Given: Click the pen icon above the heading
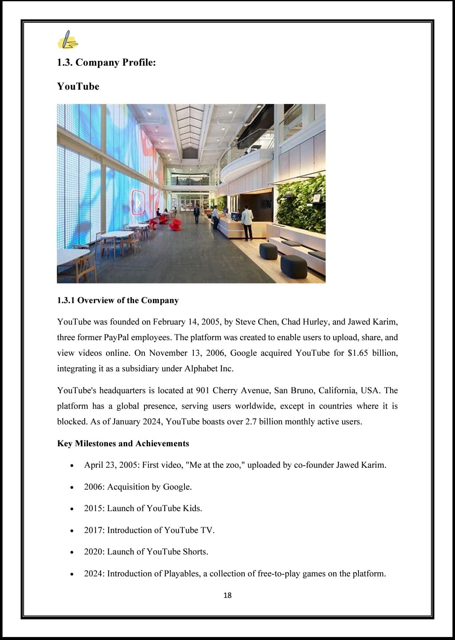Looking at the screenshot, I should tap(67, 40).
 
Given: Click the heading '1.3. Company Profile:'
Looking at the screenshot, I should tap(106, 62).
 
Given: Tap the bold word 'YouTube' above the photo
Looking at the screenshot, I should tap(78, 86).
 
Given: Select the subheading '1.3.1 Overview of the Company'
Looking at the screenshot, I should tap(118, 300).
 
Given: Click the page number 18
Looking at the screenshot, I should tap(227, 595).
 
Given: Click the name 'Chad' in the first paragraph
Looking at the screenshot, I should tap(291, 322).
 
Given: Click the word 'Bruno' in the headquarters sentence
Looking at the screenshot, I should tap(302, 390).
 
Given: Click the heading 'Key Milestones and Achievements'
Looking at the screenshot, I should tap(123, 443).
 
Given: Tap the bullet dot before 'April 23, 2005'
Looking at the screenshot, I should tap(72, 466).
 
